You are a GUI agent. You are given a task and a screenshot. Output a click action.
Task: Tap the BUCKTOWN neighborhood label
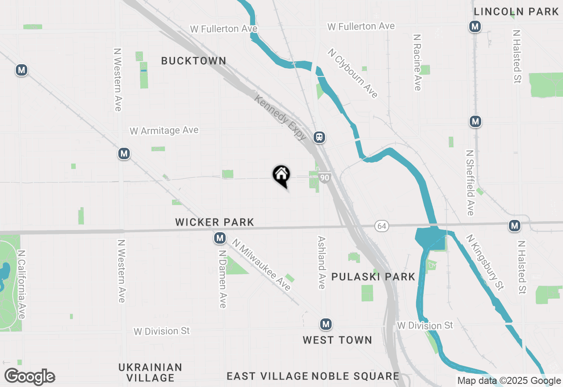pos(194,61)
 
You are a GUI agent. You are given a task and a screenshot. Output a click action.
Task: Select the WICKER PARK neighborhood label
pos(215,222)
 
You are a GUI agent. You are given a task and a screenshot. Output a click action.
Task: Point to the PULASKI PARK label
pos(373,277)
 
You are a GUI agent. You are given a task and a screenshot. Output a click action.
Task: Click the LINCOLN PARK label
pos(516,12)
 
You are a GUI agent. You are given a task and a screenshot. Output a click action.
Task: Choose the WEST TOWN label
pos(337,340)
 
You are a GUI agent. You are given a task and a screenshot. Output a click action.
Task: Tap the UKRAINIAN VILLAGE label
pos(150,372)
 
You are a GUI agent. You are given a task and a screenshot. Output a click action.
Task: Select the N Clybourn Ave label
pos(352,73)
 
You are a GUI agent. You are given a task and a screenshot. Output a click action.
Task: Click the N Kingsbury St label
pos(485,262)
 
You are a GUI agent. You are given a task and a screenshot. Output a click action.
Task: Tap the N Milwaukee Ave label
pos(262,265)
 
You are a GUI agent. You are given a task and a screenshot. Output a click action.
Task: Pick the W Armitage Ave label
pos(164,131)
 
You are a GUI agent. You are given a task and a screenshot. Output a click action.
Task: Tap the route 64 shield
pos(381,226)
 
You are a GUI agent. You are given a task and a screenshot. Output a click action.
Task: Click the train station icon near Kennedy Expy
pos(319,137)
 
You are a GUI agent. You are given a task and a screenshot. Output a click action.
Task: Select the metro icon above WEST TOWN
pos(325,325)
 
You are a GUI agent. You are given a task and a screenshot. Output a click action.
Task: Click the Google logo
pos(29,377)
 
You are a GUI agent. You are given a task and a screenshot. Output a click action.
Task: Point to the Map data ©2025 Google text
pos(509,381)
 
